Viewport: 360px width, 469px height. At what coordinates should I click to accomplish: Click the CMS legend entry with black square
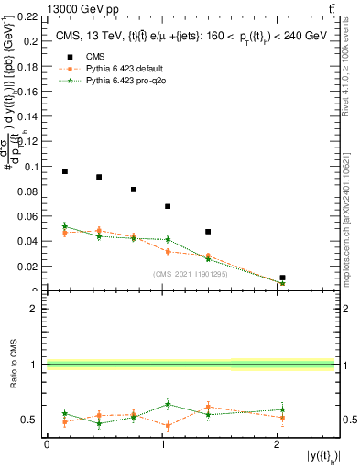click(80, 80)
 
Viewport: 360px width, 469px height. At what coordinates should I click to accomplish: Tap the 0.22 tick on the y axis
click(28, 16)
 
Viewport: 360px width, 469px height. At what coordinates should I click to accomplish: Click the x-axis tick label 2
click(278, 444)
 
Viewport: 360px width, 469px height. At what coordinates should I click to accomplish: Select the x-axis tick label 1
click(162, 444)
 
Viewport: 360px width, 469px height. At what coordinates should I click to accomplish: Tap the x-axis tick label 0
click(47, 444)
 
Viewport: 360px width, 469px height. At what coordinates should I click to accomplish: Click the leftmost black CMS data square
click(64, 171)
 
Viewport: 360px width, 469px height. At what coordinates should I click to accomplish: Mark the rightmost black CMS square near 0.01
click(282, 278)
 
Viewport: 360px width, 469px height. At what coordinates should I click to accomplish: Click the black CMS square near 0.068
click(168, 206)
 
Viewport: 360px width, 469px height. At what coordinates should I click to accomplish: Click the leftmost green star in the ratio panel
click(64, 413)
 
